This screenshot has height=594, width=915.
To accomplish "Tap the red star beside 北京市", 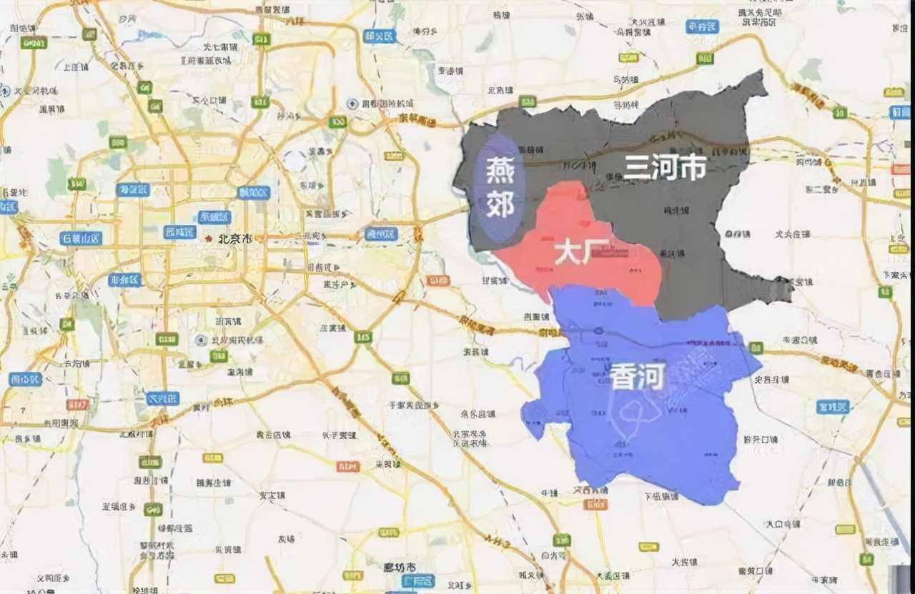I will pos(209,238).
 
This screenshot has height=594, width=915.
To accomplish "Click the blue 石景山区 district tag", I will pos(80,238).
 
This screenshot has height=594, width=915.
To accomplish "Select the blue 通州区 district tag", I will pos(380,234).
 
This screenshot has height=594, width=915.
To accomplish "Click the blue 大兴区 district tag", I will pos(162,398).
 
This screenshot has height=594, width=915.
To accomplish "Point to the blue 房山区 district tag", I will pos(25,379).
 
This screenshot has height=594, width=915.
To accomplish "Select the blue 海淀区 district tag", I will pos(133,189).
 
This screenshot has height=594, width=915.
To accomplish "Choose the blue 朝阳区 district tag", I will pos(254,192).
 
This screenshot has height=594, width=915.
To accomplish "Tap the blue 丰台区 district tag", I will pos(124,280).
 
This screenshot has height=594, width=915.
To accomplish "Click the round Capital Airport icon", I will pos(352,104).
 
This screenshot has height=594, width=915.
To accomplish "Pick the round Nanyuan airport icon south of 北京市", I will pos(202,341).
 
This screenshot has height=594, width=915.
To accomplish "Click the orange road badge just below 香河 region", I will pos(595,504).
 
